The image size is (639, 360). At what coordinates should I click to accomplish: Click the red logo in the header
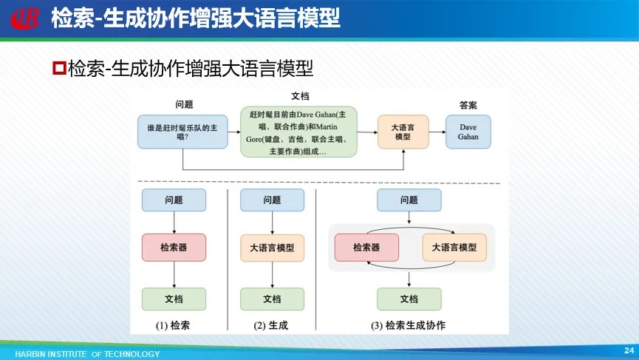pyautogui.click(x=25, y=18)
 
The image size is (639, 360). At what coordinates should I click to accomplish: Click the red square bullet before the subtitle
pyautogui.click(x=60, y=68)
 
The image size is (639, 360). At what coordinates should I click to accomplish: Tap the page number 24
pyautogui.click(x=629, y=350)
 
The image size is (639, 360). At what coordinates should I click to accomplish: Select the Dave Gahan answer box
pyautogui.click(x=468, y=132)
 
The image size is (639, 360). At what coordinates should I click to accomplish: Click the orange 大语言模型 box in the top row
pyautogui.click(x=403, y=132)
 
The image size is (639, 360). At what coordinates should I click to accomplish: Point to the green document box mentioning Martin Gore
pyautogui.click(x=298, y=132)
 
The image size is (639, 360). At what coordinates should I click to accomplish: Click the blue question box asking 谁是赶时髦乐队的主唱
pyautogui.click(x=182, y=132)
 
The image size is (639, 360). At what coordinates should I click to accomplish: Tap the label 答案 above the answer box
pyautogui.click(x=468, y=105)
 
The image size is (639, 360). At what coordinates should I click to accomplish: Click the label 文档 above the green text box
pyautogui.click(x=300, y=96)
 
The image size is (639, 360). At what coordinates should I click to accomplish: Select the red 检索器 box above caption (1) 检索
pyautogui.click(x=174, y=248)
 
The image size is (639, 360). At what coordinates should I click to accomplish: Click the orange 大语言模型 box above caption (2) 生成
pyautogui.click(x=273, y=248)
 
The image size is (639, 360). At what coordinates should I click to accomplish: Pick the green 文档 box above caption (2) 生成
pyautogui.click(x=273, y=299)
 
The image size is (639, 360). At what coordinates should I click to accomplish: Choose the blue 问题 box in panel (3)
pyautogui.click(x=409, y=200)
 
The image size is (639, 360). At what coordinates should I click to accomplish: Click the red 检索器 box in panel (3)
pyautogui.click(x=366, y=248)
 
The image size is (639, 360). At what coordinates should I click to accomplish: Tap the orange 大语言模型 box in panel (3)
pyautogui.click(x=454, y=248)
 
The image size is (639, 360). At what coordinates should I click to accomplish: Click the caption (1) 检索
pyautogui.click(x=173, y=325)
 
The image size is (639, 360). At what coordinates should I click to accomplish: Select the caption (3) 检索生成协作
pyautogui.click(x=409, y=325)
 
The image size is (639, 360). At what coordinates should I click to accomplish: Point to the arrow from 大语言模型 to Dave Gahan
pyautogui.click(x=437, y=132)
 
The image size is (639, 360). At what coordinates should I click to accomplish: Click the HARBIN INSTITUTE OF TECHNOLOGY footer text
pyautogui.click(x=87, y=354)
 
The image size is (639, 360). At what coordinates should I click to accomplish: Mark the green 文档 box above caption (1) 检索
pyautogui.click(x=174, y=299)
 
